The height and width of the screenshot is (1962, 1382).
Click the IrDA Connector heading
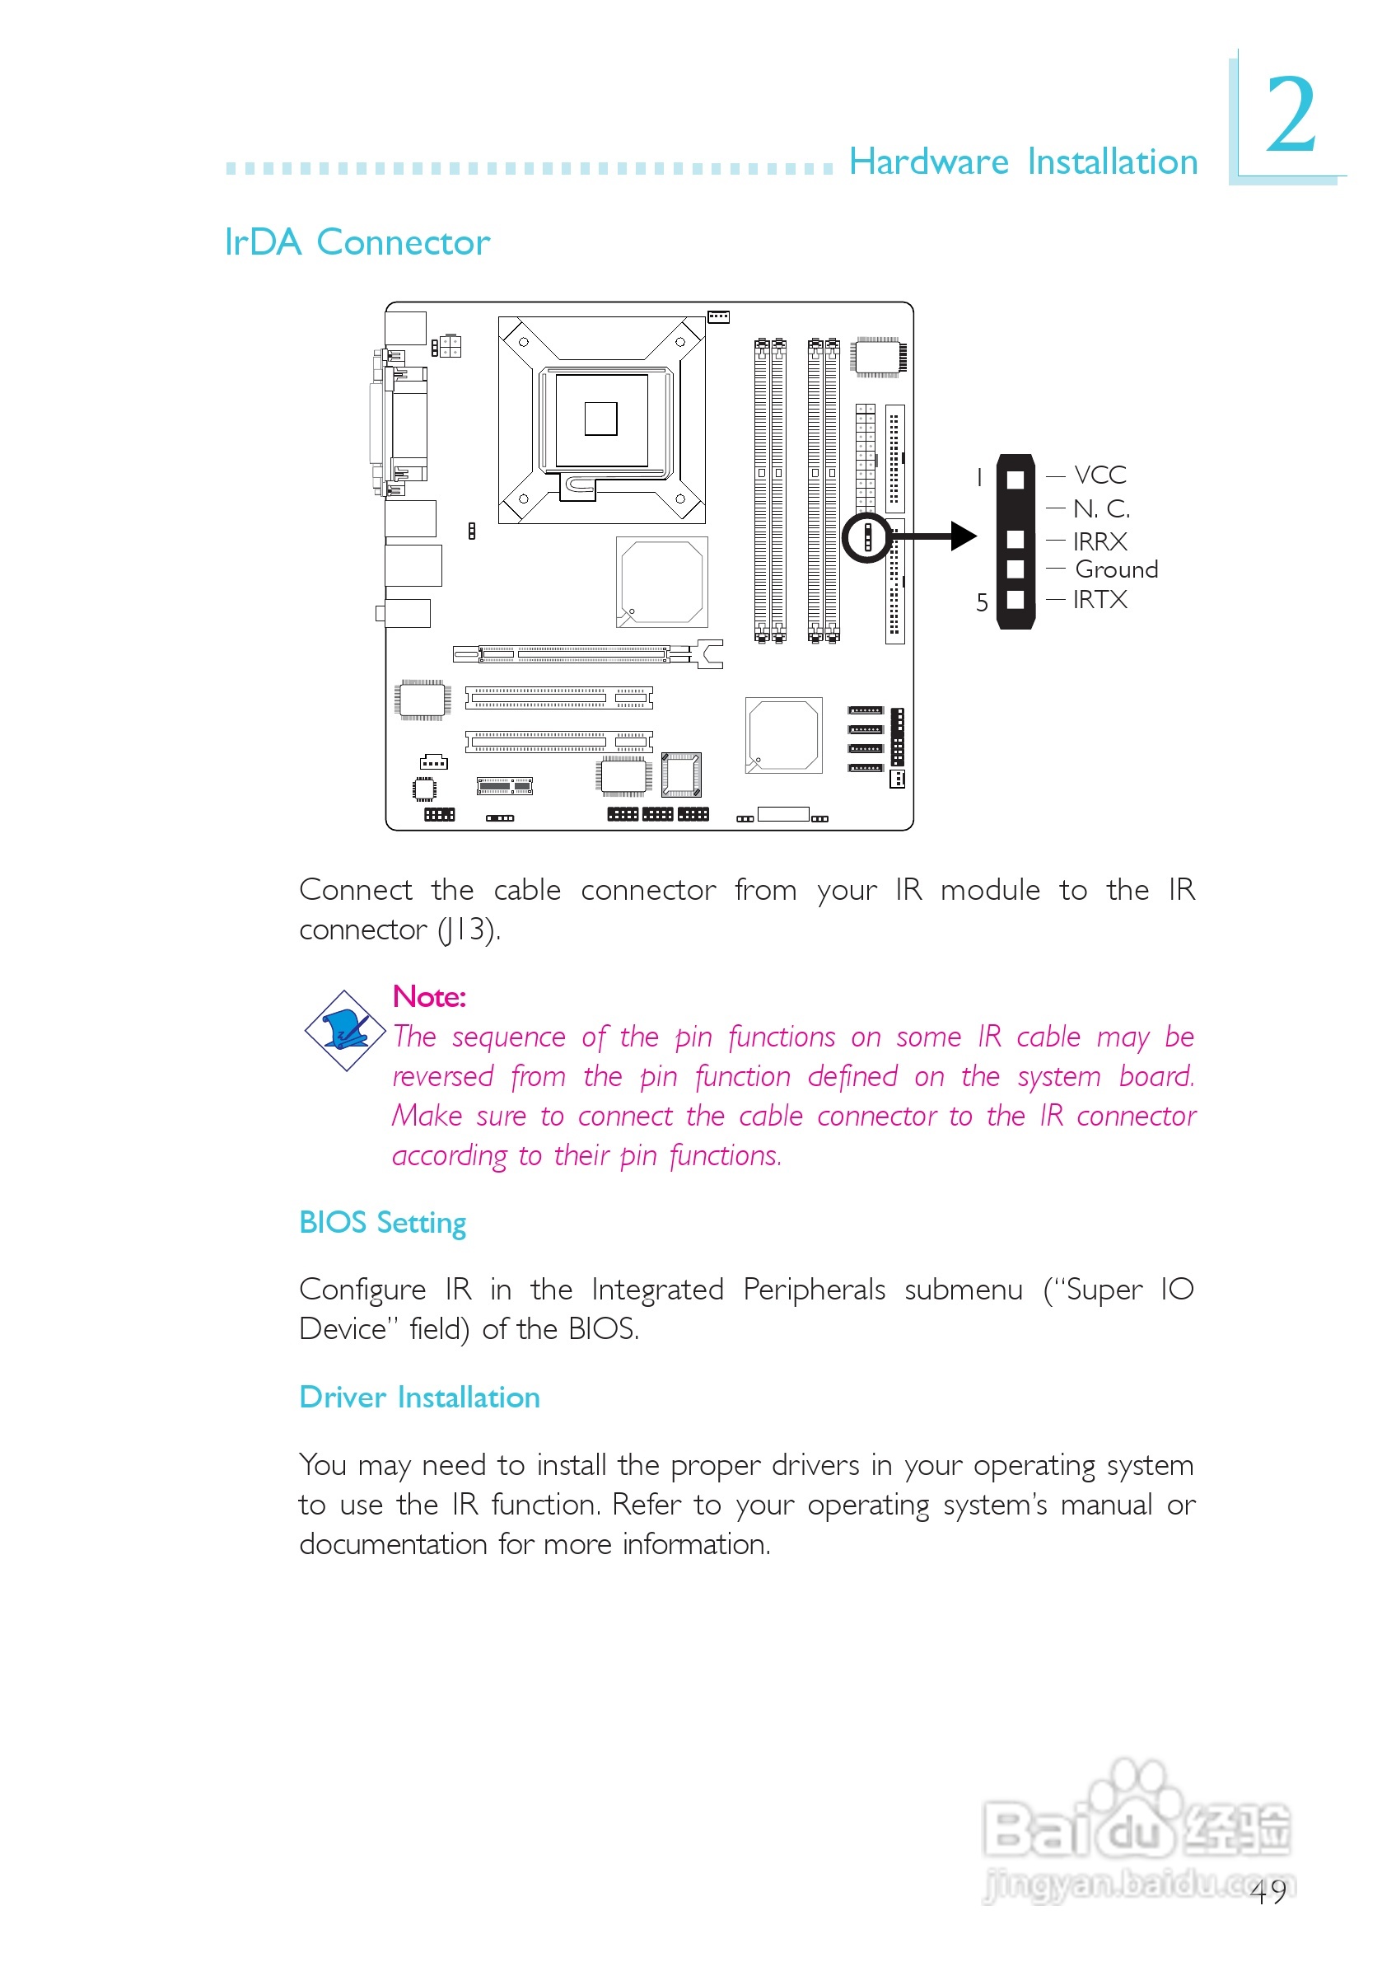pos(357,243)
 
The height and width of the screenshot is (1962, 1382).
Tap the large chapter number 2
pos(1291,114)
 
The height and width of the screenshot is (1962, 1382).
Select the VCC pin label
pos(1100,475)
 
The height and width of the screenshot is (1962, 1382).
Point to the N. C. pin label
pos(1102,509)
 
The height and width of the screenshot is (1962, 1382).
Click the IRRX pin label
pos(1100,541)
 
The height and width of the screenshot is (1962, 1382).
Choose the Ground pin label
pos(1116,570)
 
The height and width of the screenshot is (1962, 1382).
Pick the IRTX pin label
pos(1100,600)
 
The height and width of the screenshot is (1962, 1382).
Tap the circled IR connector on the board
pos(868,537)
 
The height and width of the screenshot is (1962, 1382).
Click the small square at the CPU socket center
pos(600,419)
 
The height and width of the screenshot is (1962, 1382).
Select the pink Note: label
pos(429,997)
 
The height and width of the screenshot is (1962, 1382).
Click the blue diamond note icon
pos(345,1031)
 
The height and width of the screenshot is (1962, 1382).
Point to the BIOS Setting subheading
pos(383,1224)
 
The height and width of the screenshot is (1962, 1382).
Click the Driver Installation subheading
pos(419,1398)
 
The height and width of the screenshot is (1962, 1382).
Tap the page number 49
pos(1268,1893)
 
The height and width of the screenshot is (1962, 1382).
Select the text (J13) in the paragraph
pos(469,929)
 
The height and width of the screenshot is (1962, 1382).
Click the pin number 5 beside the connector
pos(983,602)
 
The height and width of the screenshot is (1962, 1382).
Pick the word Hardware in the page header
pos(928,162)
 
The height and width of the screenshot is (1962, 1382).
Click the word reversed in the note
pos(443,1077)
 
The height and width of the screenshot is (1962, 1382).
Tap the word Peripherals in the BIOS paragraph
pos(814,1290)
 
